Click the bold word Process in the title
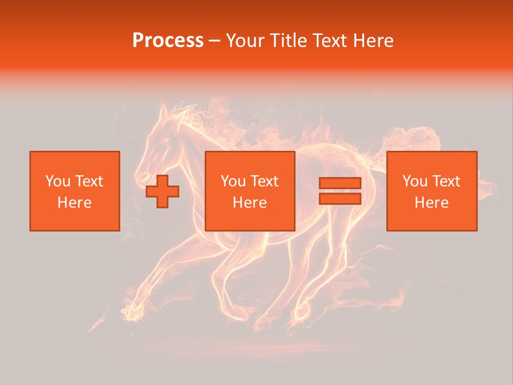pyautogui.click(x=168, y=41)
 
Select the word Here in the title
pyautogui.click(x=372, y=41)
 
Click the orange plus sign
pyautogui.click(x=162, y=191)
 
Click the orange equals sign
pyautogui.click(x=340, y=191)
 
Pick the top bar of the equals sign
pyautogui.click(x=340, y=183)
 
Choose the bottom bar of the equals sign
pyautogui.click(x=340, y=198)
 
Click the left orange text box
pyautogui.click(x=75, y=191)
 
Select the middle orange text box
pyautogui.click(x=250, y=191)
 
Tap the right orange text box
pyautogui.click(x=432, y=191)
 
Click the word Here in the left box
pyautogui.click(x=75, y=203)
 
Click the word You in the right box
pyautogui.click(x=415, y=181)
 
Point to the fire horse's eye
pyautogui.click(x=166, y=141)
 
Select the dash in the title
pyautogui.click(x=214, y=41)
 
